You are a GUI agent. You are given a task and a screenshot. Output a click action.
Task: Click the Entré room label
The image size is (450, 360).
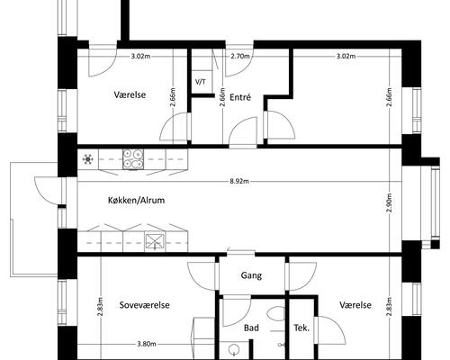(x=240, y=97)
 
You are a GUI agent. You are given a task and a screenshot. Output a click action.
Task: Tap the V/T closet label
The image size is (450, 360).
(x=201, y=82)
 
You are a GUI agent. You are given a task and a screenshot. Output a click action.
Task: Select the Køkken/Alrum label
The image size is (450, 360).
(x=136, y=200)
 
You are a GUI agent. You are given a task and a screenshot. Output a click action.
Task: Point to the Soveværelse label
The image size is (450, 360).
(x=145, y=305)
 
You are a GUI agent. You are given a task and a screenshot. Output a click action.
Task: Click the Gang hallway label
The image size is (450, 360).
(x=251, y=275)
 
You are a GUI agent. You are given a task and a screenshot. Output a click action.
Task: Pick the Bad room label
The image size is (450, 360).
(x=251, y=328)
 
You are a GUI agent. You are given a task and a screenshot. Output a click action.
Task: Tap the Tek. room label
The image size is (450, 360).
(x=301, y=328)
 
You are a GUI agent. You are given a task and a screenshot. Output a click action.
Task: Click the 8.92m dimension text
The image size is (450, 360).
(x=239, y=181)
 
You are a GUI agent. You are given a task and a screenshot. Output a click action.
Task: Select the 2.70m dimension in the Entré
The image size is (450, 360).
(x=240, y=56)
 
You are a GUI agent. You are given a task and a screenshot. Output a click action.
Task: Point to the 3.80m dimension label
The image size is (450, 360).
(x=147, y=344)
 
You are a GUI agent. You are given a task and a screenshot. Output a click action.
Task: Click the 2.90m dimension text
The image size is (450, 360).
(x=389, y=202)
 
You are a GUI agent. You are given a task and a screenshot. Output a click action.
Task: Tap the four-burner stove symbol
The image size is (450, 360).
(x=133, y=159)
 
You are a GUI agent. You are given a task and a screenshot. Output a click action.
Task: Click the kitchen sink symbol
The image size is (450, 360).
(x=155, y=242)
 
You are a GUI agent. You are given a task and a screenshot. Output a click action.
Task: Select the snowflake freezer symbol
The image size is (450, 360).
(x=88, y=159)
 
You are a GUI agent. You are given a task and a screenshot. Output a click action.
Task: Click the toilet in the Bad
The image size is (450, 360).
(x=276, y=314)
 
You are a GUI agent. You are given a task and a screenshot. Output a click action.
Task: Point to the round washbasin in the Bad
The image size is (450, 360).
(x=234, y=349)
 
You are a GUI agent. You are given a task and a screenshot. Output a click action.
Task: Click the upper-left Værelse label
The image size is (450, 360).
(x=130, y=94)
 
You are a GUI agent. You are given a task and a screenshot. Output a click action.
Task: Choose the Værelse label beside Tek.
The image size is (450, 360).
(x=355, y=305)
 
